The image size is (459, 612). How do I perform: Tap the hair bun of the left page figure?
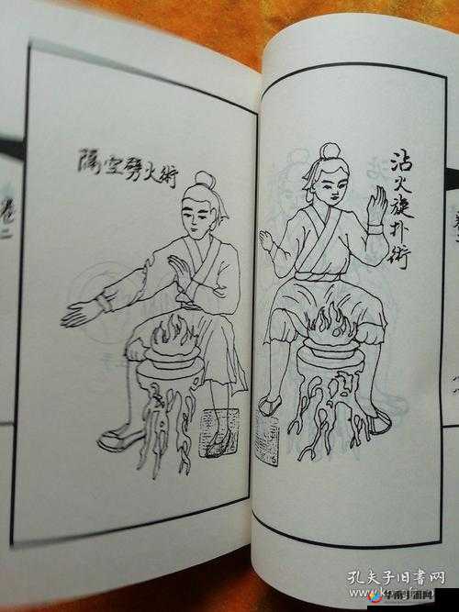[204, 180]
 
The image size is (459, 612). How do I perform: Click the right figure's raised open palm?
[376, 209]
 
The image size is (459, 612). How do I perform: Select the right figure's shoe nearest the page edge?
[376, 419]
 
